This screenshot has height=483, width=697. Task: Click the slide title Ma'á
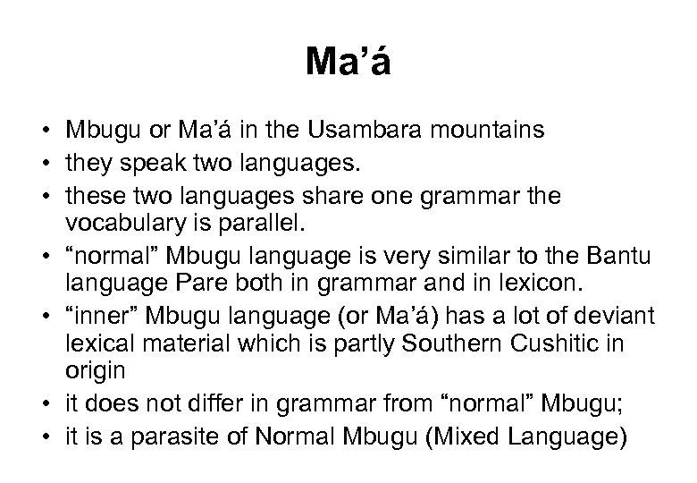point(348,64)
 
